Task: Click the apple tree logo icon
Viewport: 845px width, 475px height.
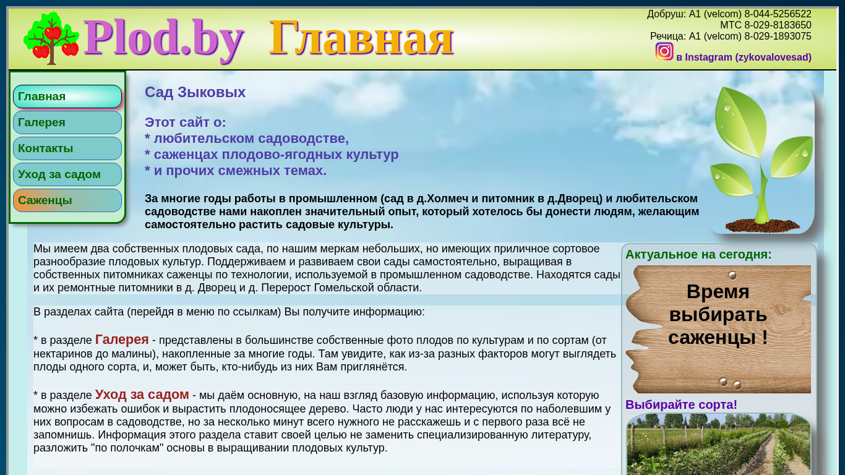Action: tap(51, 38)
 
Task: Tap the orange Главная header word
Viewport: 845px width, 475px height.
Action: tap(361, 38)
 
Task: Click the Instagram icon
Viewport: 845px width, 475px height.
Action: tap(664, 52)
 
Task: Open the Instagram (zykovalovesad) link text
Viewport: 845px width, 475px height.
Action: tap(744, 58)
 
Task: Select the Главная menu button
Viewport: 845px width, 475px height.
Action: tap(67, 96)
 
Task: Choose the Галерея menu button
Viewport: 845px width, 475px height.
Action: tap(67, 122)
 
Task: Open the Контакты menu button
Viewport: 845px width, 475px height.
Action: tap(67, 148)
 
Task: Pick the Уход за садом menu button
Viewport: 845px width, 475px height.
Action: tap(67, 174)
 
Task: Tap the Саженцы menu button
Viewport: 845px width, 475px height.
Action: tap(67, 200)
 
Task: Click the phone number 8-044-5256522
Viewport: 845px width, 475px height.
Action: tap(778, 14)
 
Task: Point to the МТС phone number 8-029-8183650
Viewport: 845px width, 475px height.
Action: tap(778, 25)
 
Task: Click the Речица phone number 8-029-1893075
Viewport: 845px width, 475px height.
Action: tap(778, 36)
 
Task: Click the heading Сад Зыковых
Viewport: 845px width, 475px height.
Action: tap(195, 92)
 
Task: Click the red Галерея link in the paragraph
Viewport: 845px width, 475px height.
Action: tap(122, 340)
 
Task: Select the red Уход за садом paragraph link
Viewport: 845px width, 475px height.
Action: tap(142, 394)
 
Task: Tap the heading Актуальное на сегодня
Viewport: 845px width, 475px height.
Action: tap(698, 255)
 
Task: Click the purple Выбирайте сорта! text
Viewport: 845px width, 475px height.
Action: tap(681, 405)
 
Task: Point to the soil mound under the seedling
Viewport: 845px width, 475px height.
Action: tap(762, 226)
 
